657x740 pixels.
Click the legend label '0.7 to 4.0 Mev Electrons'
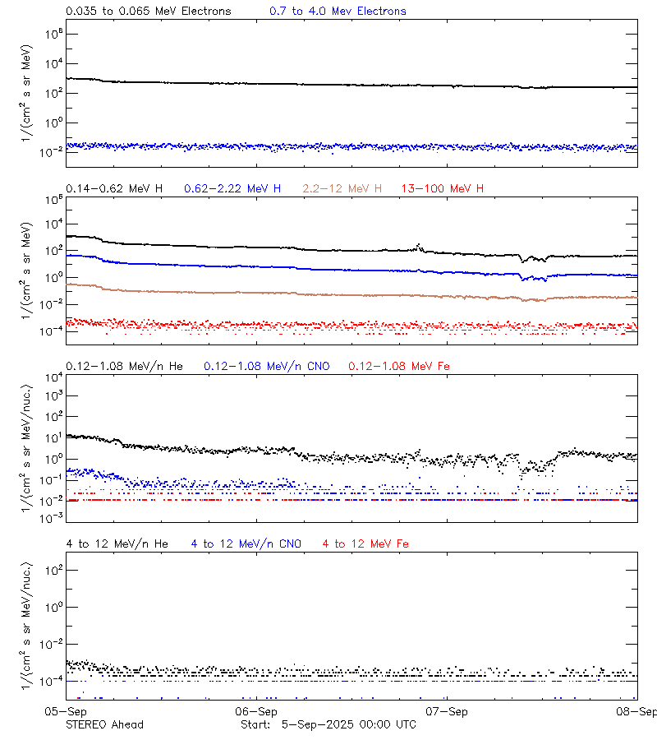pos(338,12)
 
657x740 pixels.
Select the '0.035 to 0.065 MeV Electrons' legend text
pos(149,12)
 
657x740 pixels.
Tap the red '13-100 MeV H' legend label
pos(443,189)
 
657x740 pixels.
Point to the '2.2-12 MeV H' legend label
pos(342,189)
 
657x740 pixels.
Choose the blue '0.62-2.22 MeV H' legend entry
pos(232,189)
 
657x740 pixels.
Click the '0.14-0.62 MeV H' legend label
pos(114,189)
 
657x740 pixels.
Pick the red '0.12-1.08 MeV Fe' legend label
pos(399,366)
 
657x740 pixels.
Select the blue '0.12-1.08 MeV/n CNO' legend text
pos(267,366)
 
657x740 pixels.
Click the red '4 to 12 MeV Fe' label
pos(365,543)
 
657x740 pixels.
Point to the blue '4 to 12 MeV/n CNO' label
pos(246,543)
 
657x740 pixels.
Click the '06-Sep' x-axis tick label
pos(256,711)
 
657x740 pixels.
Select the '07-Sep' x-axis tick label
pos(447,711)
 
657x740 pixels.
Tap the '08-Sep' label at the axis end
pos(636,711)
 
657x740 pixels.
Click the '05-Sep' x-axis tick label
pos(67,711)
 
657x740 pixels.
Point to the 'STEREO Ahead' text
pos(104,724)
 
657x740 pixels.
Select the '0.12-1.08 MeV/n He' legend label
pos(128,366)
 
